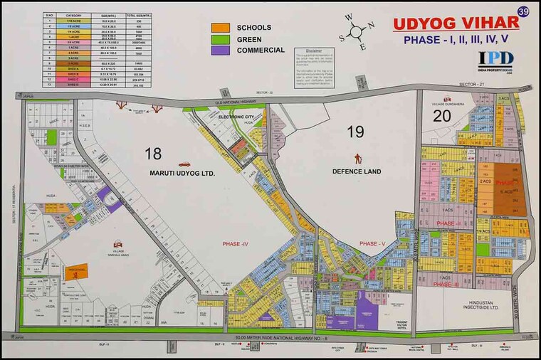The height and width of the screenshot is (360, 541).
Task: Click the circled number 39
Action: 523,12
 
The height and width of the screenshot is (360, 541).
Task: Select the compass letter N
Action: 371,26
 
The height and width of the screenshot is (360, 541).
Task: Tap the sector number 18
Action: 153,153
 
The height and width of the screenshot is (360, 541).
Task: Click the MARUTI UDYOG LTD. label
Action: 182,173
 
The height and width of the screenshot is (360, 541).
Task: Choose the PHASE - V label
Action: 373,244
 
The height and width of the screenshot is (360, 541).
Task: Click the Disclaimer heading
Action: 313,51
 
